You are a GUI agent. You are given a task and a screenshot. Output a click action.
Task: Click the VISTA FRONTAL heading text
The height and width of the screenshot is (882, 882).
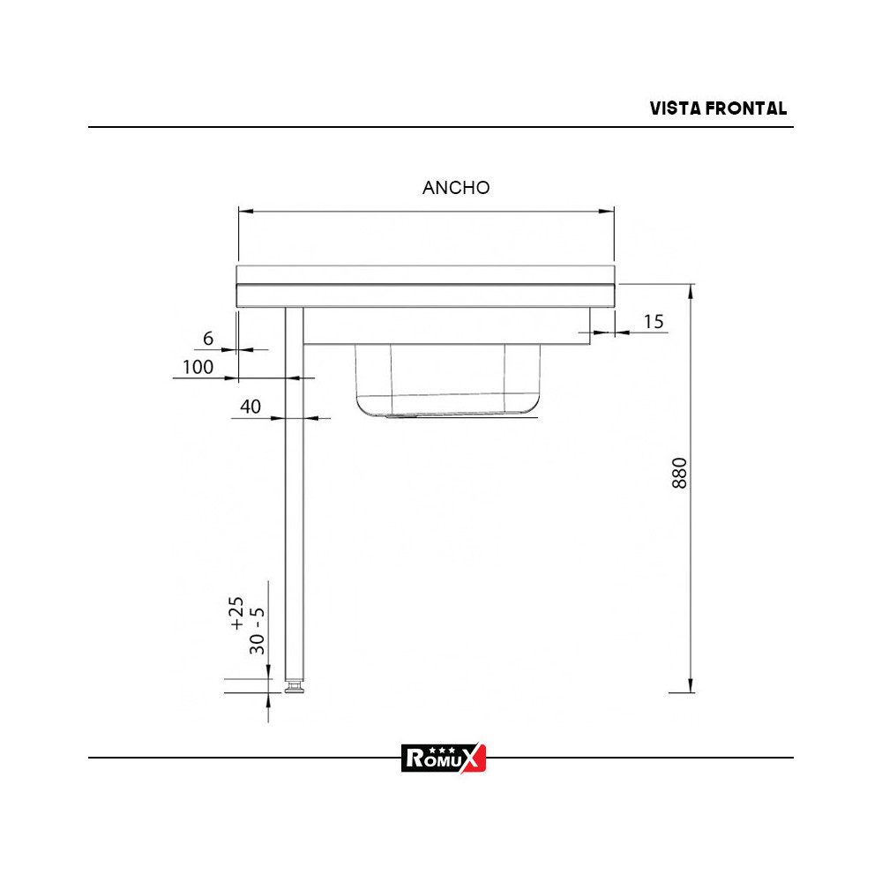(718, 108)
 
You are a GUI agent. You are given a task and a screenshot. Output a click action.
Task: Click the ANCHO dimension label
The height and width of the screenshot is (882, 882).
(456, 188)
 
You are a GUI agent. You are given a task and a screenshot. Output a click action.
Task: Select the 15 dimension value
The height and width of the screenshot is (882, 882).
(654, 322)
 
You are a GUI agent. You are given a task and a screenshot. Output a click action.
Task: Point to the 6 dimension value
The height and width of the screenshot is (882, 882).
(208, 339)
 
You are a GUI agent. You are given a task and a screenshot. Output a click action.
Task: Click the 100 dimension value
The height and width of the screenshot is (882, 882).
(198, 367)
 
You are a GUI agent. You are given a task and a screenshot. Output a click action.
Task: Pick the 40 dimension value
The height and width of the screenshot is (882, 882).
(250, 407)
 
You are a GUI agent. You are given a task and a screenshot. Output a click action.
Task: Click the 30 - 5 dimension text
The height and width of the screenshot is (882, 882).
(258, 630)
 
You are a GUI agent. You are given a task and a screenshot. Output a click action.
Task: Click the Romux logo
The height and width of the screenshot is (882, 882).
(443, 757)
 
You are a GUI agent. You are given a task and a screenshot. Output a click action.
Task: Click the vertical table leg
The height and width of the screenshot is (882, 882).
(294, 494)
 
